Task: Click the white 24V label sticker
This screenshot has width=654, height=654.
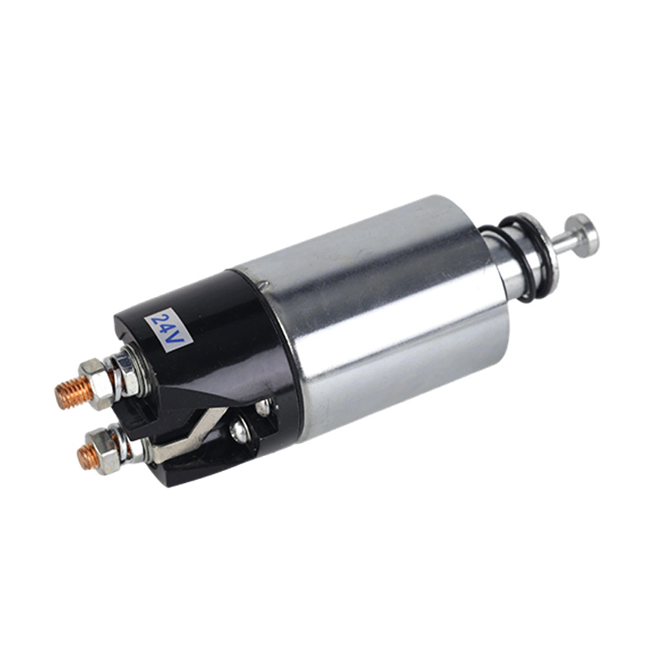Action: click(x=168, y=330)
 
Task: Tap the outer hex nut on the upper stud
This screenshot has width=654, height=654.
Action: click(x=96, y=384)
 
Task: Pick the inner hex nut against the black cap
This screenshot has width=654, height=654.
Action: click(x=127, y=374)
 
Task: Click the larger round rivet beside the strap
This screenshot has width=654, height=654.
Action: click(x=238, y=431)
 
